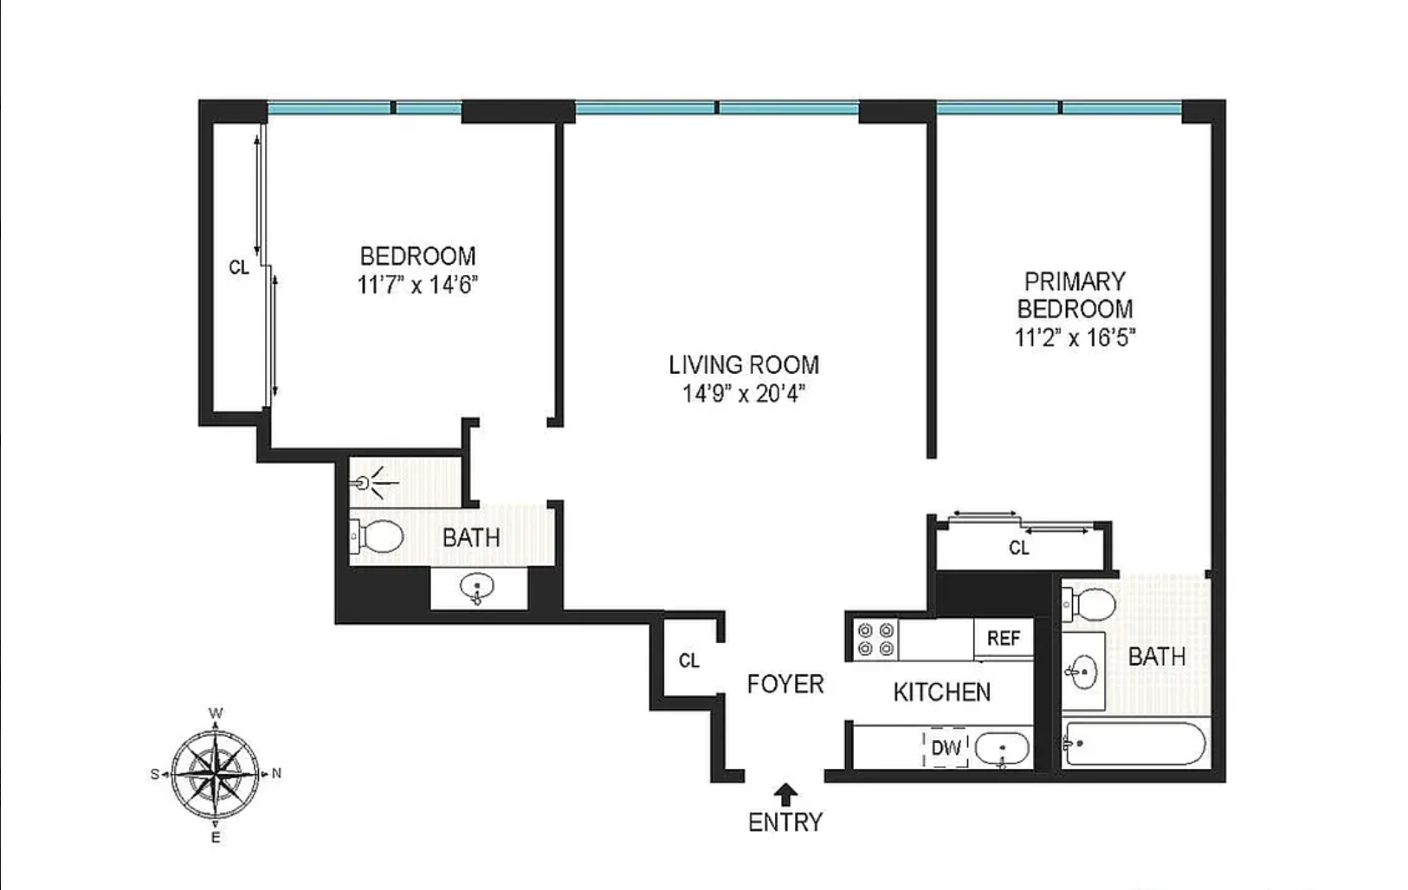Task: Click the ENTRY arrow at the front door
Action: click(x=785, y=794)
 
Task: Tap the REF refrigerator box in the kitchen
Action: click(x=1004, y=638)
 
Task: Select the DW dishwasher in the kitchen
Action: click(x=946, y=748)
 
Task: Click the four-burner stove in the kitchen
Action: click(x=875, y=639)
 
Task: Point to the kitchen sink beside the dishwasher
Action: click(x=1002, y=749)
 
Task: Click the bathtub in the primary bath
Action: click(x=1134, y=744)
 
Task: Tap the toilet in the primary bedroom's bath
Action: click(x=1089, y=604)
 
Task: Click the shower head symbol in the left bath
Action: click(x=375, y=483)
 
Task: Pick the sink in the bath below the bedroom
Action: click(x=477, y=589)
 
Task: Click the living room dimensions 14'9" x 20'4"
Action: click(x=744, y=394)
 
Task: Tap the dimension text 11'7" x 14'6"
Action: click(x=418, y=286)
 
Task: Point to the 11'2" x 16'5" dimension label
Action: click(x=1075, y=339)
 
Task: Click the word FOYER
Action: click(x=785, y=684)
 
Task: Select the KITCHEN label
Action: click(x=941, y=692)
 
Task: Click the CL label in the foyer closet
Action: click(x=689, y=661)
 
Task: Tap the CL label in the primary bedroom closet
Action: click(x=1019, y=548)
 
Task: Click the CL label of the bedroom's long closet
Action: click(x=239, y=268)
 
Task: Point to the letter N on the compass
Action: click(x=275, y=774)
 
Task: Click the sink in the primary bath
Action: click(x=1083, y=672)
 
